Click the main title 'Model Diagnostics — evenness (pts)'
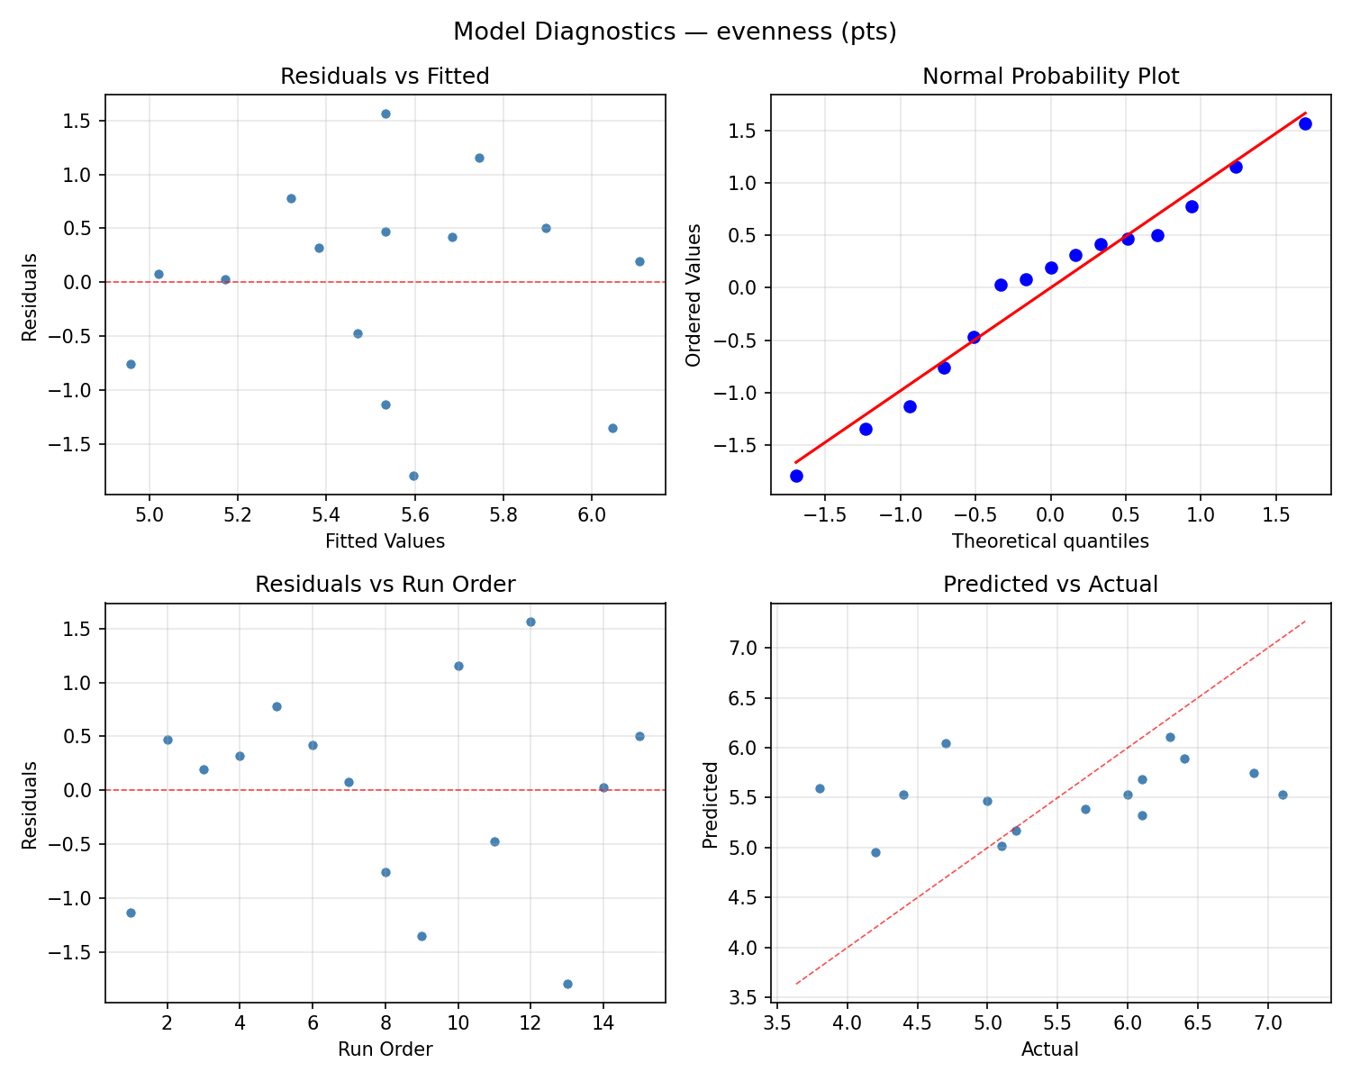click(675, 32)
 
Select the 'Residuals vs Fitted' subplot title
click(385, 77)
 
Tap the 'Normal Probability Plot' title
click(1050, 77)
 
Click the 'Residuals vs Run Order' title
click(385, 585)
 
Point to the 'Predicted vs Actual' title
click(1050, 585)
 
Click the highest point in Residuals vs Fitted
click(385, 114)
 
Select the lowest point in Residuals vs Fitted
click(413, 476)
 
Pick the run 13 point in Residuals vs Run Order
click(567, 984)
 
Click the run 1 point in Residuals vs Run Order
click(131, 913)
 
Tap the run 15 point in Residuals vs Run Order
click(639, 736)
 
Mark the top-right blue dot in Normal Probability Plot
click(1305, 123)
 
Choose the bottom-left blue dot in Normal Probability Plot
click(796, 476)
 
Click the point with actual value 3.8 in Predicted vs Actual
click(820, 788)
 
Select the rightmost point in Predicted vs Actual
click(1283, 795)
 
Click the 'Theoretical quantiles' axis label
click(1050, 541)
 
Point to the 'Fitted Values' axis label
click(385, 541)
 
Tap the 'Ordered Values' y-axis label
click(693, 295)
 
